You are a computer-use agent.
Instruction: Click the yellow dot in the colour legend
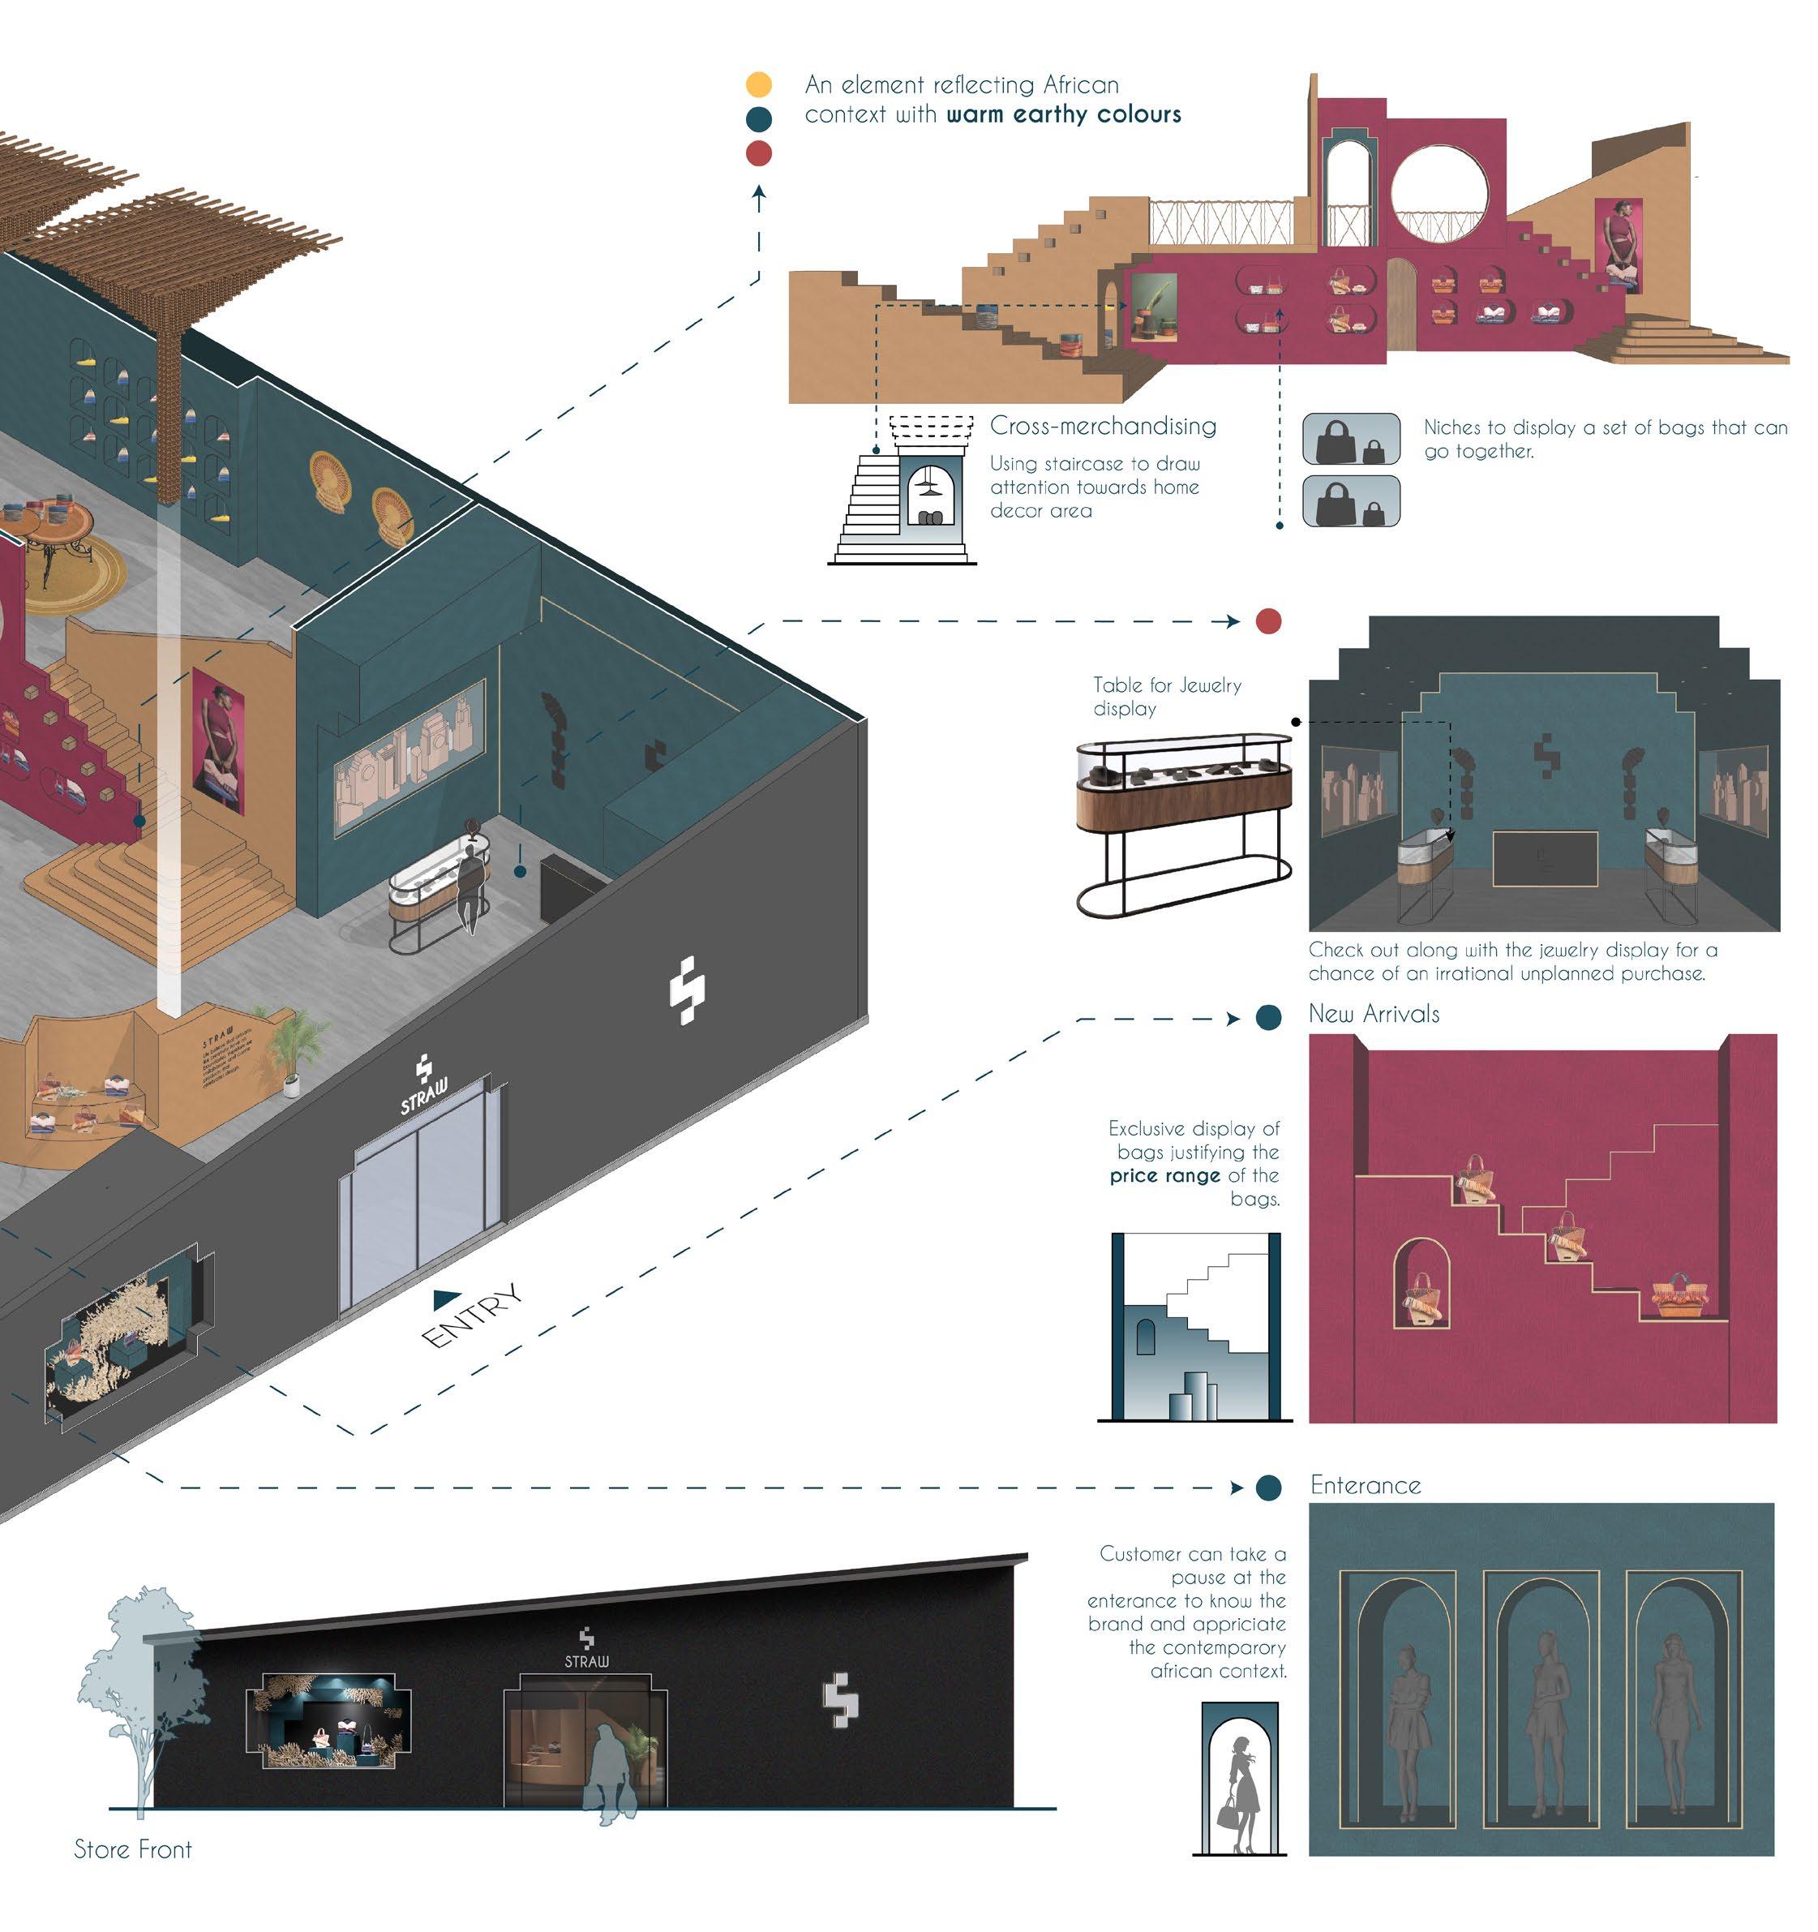pyautogui.click(x=758, y=84)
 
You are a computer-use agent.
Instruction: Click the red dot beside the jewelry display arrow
pyautogui.click(x=1268, y=621)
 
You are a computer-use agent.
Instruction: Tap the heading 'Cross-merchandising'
pyautogui.click(x=1102, y=426)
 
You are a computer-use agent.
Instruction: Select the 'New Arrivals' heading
pyautogui.click(x=1373, y=1014)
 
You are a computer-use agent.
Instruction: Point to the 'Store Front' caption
pyautogui.click(x=133, y=1849)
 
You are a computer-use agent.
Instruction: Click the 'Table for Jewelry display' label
pyautogui.click(x=1166, y=697)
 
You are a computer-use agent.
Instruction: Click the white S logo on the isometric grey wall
pyautogui.click(x=687, y=990)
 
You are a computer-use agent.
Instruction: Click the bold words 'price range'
pyautogui.click(x=1164, y=1176)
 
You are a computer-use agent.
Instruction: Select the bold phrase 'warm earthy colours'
pyautogui.click(x=1063, y=114)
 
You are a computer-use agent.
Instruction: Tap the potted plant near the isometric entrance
pyautogui.click(x=289, y=1050)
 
